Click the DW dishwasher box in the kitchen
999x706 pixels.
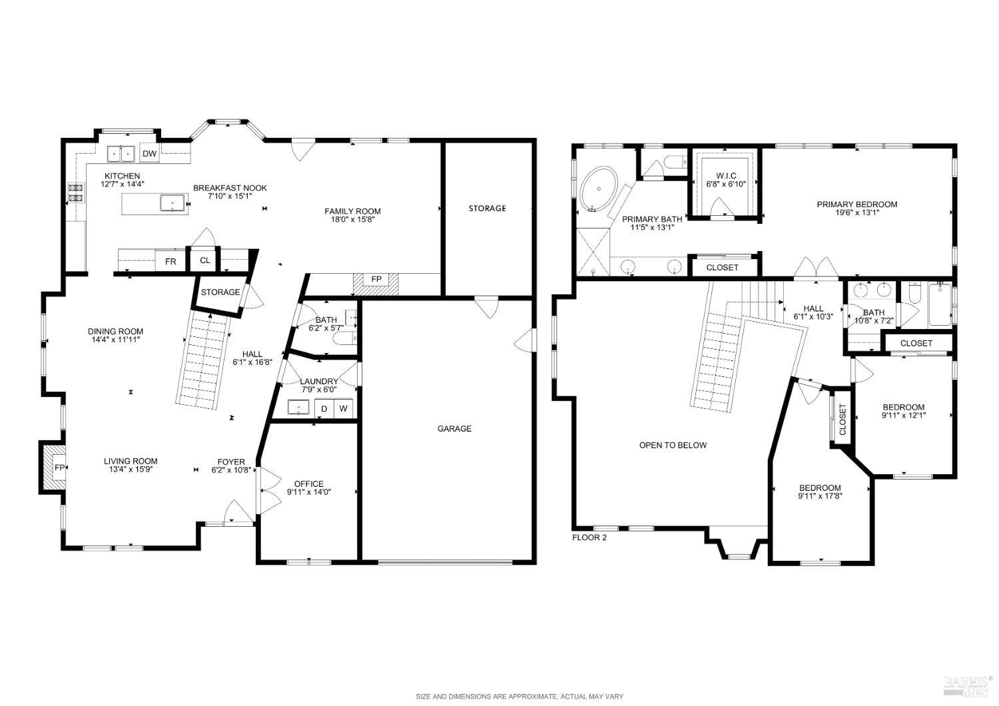(x=150, y=155)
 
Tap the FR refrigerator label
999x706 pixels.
(x=170, y=262)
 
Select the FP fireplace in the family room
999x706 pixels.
(x=376, y=279)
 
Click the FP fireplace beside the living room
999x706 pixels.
(x=59, y=468)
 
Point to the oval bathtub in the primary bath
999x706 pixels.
(x=600, y=188)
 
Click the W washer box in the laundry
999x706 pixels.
(x=344, y=408)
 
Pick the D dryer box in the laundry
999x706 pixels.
(x=324, y=408)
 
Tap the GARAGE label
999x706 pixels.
(x=454, y=428)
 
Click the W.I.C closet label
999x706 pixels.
(x=725, y=175)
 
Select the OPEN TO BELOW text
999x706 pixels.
(x=673, y=445)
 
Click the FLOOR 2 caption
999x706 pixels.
(x=589, y=537)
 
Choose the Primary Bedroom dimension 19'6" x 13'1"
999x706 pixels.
(x=856, y=213)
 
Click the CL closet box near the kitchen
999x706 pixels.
(x=204, y=260)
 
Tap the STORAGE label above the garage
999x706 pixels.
(x=487, y=208)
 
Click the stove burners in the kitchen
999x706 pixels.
(x=75, y=193)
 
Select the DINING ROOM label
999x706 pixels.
(x=115, y=331)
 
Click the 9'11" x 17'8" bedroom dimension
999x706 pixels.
(x=820, y=496)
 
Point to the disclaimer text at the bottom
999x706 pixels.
(x=519, y=697)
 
